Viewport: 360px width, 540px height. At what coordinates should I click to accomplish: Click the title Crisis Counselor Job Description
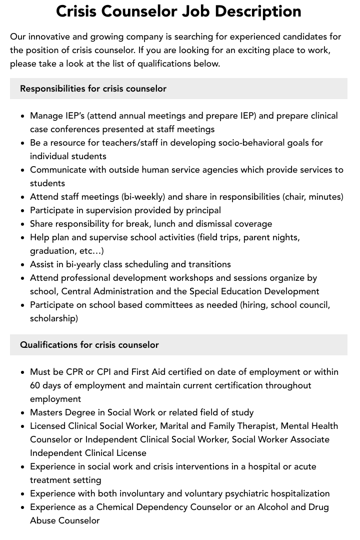pos(178,12)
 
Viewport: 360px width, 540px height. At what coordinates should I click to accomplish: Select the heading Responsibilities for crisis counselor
pos(93,89)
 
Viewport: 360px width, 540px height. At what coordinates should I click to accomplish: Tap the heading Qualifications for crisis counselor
pos(89,345)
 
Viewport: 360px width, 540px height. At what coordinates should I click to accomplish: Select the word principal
pos(203,210)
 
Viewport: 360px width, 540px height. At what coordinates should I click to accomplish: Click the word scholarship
pos(54,318)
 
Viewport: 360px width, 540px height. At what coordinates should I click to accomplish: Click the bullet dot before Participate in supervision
pos(23,210)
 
